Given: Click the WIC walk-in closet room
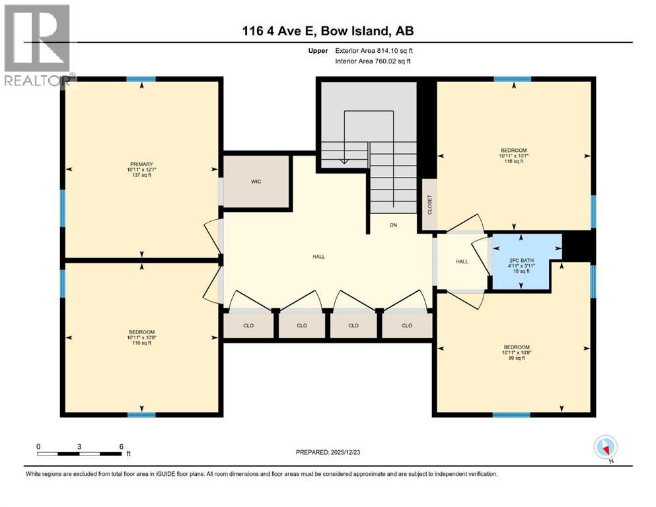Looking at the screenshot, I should pyautogui.click(x=256, y=182).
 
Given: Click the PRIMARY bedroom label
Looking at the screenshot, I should pyautogui.click(x=141, y=164).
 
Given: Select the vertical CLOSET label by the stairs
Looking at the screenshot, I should pyautogui.click(x=429, y=205).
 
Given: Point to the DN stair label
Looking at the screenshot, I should pyautogui.click(x=393, y=225).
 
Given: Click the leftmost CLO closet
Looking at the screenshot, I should pyautogui.click(x=248, y=325).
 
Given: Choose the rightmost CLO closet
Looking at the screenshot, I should pyautogui.click(x=407, y=325).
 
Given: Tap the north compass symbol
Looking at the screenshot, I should pyautogui.click(x=605, y=447).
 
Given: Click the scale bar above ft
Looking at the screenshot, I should pyautogui.click(x=80, y=454).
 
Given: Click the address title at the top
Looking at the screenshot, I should pyautogui.click(x=328, y=31).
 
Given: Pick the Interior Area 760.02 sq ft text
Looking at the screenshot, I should pyautogui.click(x=373, y=61).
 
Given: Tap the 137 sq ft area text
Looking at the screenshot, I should pyautogui.click(x=141, y=176).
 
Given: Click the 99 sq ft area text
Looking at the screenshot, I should pyautogui.click(x=517, y=359).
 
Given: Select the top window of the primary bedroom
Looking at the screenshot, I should pyautogui.click(x=141, y=79).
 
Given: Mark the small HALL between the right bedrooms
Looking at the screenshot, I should pyautogui.click(x=462, y=261).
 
